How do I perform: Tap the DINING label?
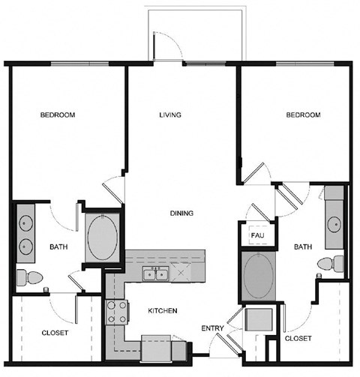point(181,214)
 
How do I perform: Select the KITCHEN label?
point(162,310)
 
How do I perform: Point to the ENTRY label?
point(211,328)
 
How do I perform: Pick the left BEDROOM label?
point(58,115)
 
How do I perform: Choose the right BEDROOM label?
point(302,115)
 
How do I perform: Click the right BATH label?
point(302,247)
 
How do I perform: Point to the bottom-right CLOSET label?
point(298,338)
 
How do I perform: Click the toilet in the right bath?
point(331,264)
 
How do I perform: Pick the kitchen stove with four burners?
point(115,312)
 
